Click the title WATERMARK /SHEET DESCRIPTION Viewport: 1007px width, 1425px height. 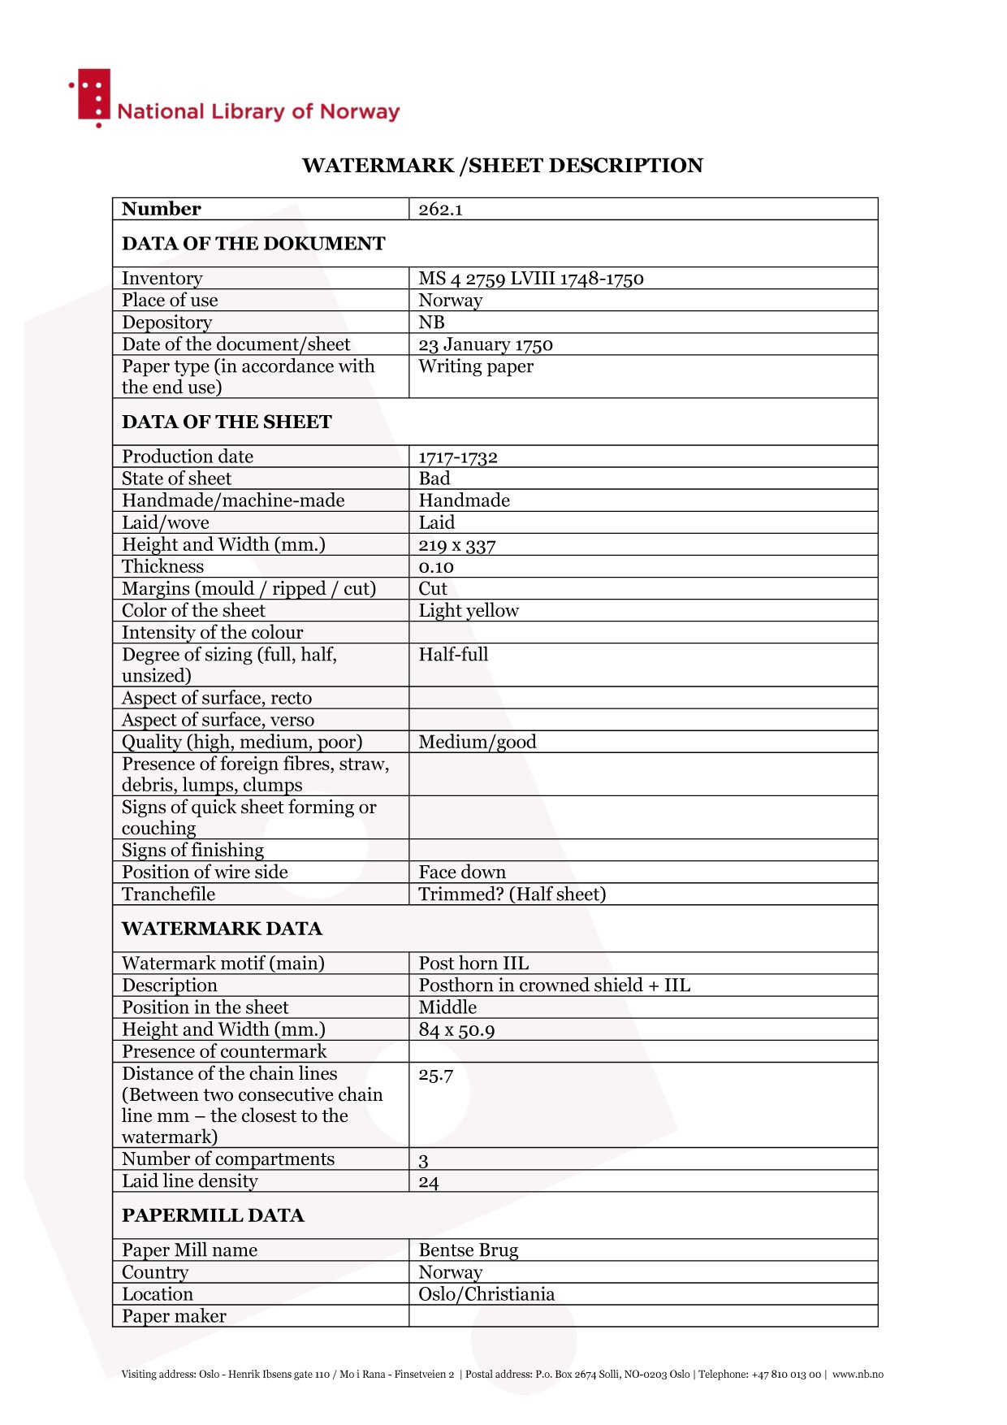[502, 166]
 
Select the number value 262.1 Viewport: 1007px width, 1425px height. [440, 210]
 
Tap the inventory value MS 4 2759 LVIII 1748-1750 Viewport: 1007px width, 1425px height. [530, 279]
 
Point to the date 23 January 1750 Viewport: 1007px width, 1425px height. [485, 344]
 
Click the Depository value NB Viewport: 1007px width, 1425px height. [431, 323]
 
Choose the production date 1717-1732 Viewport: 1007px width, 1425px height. [458, 457]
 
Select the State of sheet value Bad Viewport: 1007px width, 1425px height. [434, 479]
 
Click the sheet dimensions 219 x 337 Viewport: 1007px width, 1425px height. [456, 545]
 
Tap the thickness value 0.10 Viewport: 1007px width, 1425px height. [436, 567]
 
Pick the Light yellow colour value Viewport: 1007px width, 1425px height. [469, 611]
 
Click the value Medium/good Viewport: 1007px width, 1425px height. [478, 742]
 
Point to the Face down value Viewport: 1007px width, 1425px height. [462, 873]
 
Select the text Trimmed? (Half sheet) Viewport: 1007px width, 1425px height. [512, 894]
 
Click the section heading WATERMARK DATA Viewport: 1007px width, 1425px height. [222, 929]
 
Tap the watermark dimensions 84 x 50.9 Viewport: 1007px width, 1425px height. [456, 1030]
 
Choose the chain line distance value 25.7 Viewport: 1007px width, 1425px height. [436, 1075]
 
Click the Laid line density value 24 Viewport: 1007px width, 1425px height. [429, 1182]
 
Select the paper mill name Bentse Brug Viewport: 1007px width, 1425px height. [468, 1250]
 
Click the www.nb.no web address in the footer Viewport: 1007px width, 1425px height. [858, 1375]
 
